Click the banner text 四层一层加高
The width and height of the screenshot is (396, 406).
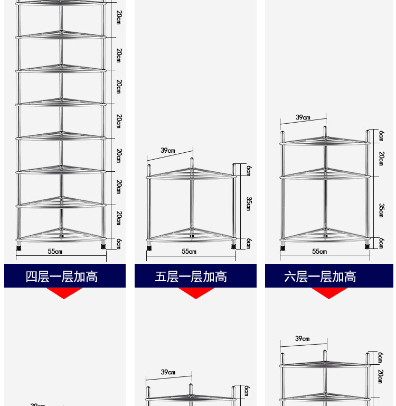tap(62, 276)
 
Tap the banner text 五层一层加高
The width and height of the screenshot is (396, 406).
tap(191, 276)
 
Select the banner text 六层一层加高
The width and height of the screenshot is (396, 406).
tap(320, 276)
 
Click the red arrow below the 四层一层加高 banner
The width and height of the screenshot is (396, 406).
tap(64, 293)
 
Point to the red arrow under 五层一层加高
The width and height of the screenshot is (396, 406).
tap(196, 293)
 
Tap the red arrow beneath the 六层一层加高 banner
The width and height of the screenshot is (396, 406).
tap(329, 293)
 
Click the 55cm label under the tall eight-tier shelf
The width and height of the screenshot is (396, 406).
tap(55, 252)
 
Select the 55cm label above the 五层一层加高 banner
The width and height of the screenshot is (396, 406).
tap(189, 252)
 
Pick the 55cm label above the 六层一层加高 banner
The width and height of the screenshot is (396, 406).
tap(319, 252)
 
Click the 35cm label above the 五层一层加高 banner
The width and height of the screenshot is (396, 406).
tap(249, 204)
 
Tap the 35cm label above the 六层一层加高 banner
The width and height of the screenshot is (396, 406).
tap(381, 210)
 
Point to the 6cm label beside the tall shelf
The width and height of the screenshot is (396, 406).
tap(119, 243)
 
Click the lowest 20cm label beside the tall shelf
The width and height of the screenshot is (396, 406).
tap(119, 218)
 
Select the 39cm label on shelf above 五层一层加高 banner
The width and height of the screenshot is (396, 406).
tap(168, 151)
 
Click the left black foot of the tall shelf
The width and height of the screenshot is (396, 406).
tap(20, 246)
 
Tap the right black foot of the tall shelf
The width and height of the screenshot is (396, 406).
tap(102, 245)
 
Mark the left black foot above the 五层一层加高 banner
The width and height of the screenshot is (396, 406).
tap(149, 246)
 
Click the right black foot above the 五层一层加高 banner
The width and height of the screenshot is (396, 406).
tap(233, 245)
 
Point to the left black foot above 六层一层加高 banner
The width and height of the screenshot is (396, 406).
tap(283, 246)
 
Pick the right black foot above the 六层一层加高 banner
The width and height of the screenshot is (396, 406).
tap(366, 245)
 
